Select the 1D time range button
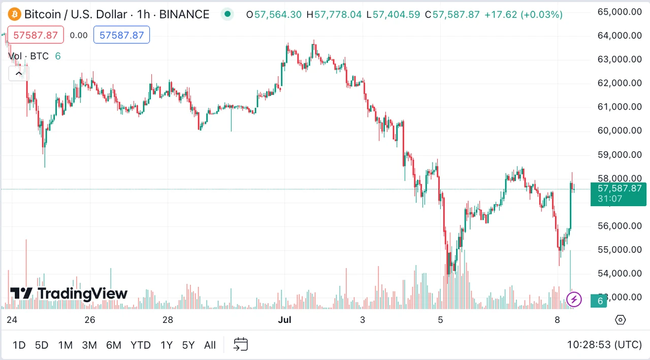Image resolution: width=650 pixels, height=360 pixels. click(19, 345)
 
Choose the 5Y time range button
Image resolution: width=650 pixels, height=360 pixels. click(188, 345)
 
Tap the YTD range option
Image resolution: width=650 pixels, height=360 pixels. click(140, 345)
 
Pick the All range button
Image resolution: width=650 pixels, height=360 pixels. click(210, 345)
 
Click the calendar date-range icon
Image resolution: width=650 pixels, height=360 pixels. click(241, 345)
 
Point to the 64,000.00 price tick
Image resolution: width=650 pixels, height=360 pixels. click(620, 35)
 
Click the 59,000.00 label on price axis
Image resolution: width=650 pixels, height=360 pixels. click(620, 154)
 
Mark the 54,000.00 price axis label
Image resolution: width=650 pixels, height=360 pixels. click(620, 273)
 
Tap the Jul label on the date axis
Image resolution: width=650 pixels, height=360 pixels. click(285, 320)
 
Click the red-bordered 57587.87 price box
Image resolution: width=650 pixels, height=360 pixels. click(36, 36)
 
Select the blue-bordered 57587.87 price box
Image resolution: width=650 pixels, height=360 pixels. click(122, 36)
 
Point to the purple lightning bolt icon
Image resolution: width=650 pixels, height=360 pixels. click(574, 299)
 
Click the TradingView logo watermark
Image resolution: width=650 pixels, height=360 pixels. click(69, 293)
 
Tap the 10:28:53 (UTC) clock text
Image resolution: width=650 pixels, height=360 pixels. click(604, 345)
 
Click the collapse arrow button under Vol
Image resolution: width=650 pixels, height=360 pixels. click(18, 74)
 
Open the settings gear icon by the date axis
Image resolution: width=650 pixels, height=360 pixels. click(620, 320)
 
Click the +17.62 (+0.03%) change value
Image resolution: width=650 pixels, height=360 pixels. click(524, 15)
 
